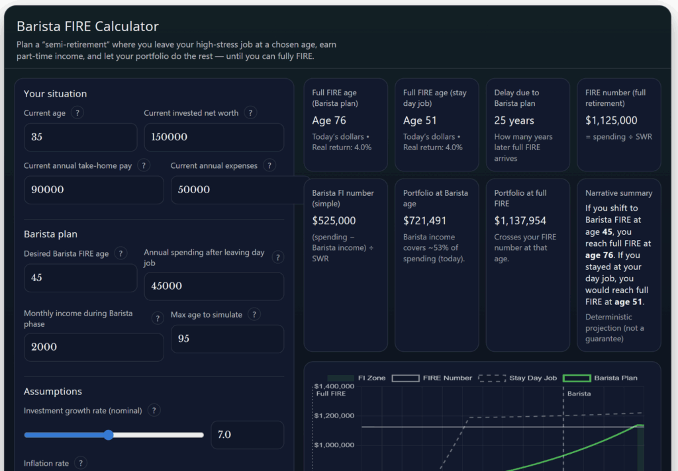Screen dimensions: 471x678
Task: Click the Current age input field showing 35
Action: (80, 137)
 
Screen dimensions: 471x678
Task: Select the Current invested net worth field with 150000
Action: (213, 137)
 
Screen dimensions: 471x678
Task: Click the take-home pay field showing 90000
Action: (93, 190)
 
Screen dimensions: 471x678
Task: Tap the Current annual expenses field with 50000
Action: (238, 190)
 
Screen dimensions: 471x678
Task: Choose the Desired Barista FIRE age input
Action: (80, 278)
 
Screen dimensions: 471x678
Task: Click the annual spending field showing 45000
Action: (213, 286)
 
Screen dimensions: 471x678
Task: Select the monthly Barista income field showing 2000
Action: (93, 347)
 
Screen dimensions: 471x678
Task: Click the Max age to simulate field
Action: (226, 339)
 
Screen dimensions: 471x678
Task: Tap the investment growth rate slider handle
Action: (109, 435)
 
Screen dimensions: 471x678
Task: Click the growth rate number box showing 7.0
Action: (246, 435)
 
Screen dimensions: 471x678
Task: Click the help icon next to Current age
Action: (77, 113)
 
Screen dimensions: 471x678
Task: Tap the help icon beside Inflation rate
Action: (81, 463)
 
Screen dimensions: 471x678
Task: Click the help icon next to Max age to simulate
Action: (254, 315)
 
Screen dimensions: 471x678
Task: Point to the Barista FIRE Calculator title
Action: (87, 26)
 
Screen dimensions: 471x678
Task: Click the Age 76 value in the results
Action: (329, 120)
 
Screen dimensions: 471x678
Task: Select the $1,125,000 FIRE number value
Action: (611, 120)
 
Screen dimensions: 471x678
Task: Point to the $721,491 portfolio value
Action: (424, 221)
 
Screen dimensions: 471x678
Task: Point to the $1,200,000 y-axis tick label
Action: (334, 415)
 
